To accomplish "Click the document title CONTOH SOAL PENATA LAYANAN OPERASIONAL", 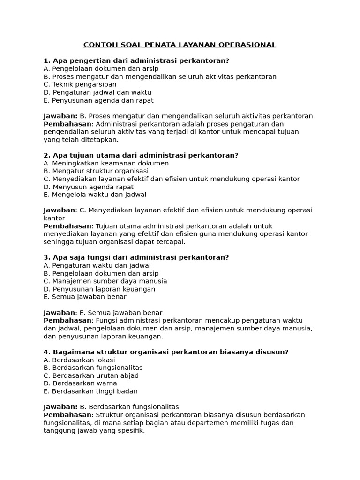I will [x=180, y=45].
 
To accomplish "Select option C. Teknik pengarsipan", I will [x=80, y=84].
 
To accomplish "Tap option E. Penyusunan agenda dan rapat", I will [x=98, y=100].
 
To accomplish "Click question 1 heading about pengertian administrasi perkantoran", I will [x=136, y=61].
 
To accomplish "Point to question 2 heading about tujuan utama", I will [x=141, y=155].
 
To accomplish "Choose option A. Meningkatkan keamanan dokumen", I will [x=106, y=163].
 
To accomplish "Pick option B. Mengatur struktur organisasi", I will [x=96, y=171].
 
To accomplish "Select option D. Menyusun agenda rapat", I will [x=89, y=187].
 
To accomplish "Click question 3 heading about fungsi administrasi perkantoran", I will [x=136, y=257].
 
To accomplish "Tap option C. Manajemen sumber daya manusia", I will [x=105, y=281].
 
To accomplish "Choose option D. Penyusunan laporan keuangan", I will [x=99, y=289].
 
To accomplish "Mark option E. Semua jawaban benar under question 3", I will [x=85, y=297].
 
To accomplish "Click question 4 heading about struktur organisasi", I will [x=166, y=352].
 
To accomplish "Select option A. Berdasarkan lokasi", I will [x=79, y=360].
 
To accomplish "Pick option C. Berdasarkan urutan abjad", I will [x=91, y=375].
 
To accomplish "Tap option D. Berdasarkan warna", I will [x=80, y=383].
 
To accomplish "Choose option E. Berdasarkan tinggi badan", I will [x=90, y=391].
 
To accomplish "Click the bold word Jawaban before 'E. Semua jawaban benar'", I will [x=59, y=313].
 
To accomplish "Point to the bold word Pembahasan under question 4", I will [x=67, y=415].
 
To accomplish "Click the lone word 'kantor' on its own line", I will [x=54, y=218].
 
